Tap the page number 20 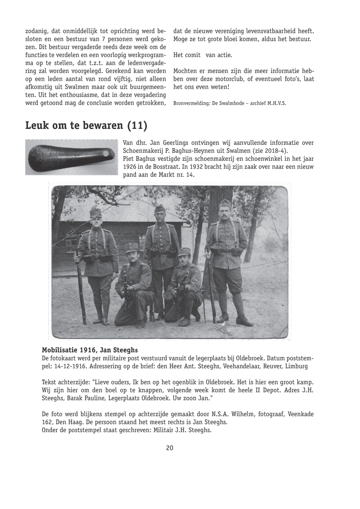coord(170,448)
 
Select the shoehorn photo coord(72,157)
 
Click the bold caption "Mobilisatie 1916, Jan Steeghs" coord(90,350)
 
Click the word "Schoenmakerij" coord(143,150)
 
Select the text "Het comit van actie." coord(203,55)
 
